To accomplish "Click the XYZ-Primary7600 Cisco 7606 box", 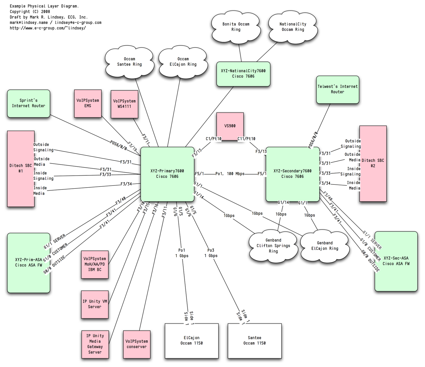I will [x=167, y=174].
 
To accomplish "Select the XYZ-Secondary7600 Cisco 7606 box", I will [x=292, y=174].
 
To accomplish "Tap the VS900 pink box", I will [x=230, y=126].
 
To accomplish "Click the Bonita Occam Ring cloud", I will [x=236, y=27].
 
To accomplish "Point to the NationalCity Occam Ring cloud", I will [x=293, y=27].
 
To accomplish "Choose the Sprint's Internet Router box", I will [x=28, y=103].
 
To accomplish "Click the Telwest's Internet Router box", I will [x=338, y=89].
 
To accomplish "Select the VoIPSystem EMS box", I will [x=88, y=103].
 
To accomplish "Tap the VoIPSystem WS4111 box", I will [x=124, y=104].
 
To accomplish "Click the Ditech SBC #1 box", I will [x=20, y=169].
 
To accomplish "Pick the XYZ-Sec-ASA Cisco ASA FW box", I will [x=396, y=261].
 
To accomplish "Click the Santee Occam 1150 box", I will [x=254, y=340].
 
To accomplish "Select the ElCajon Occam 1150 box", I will [x=192, y=340].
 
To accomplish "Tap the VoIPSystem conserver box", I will [x=137, y=344].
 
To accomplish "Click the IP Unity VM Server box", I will [x=95, y=304].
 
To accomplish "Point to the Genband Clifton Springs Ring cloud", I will [x=273, y=246].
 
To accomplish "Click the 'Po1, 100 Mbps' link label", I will [x=230, y=174].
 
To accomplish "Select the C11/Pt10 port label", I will [x=246, y=139].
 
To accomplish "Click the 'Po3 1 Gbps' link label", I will [x=211, y=253].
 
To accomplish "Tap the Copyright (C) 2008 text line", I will [x=30, y=12].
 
